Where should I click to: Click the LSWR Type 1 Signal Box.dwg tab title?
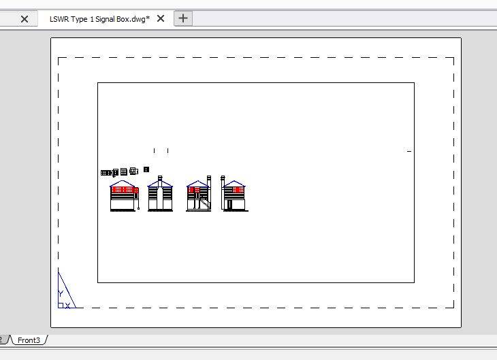[99, 19]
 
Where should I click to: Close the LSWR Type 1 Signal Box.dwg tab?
[161, 18]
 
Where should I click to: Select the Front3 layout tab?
[29, 340]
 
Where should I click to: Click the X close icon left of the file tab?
[25, 19]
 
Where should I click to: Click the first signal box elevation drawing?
[125, 195]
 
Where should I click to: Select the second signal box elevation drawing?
[161, 193]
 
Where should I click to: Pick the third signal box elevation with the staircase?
[199, 193]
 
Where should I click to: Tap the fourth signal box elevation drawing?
[235, 193]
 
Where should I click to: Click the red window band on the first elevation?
[125, 189]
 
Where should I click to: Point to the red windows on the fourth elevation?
[238, 189]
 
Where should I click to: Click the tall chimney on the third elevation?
[208, 182]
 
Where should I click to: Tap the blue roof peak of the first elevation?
[123, 181]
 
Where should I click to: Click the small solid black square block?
[146, 169]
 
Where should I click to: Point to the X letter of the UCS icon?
[67, 306]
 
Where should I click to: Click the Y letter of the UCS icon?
[61, 293]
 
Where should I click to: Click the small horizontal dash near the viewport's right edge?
[409, 151]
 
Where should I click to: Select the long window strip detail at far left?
[106, 173]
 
